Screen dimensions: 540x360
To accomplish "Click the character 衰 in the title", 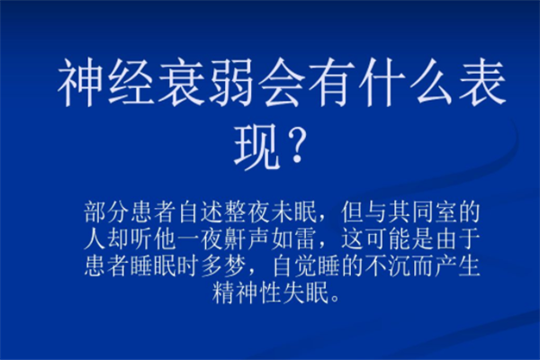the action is click(181, 83).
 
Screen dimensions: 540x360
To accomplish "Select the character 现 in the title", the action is click(256, 146).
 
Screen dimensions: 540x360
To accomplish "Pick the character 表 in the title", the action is click(482, 83).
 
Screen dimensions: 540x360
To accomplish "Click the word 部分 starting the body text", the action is click(106, 212).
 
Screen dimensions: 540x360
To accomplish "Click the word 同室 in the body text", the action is click(434, 212).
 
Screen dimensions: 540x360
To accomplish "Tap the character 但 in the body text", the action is click(352, 212).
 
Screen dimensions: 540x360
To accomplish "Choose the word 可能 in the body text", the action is click(387, 239).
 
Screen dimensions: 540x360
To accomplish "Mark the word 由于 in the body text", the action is click(457, 239).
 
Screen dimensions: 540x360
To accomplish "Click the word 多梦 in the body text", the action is click(222, 266).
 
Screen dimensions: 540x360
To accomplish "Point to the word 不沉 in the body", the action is click(387, 266).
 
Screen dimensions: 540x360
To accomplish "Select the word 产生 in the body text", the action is click(457, 266).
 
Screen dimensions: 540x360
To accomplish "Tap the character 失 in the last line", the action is click(292, 292).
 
